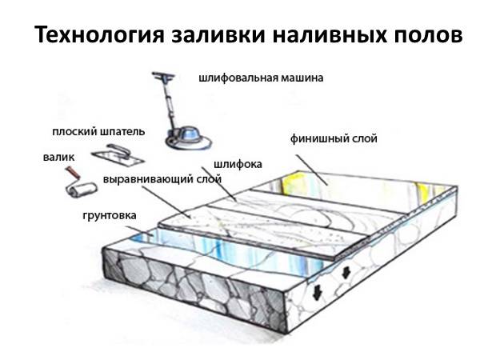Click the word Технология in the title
coord(100,35)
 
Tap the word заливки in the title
coord(218,34)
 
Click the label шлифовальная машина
coord(261,78)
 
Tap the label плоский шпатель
coord(98,132)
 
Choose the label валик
coord(58,157)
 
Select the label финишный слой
coord(334,138)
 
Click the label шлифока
coord(238,164)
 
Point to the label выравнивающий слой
coord(162,179)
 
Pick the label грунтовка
coord(110,215)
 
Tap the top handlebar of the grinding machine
coord(163,76)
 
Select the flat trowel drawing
coord(118,154)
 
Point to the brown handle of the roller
coord(73,173)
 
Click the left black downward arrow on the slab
coord(317,293)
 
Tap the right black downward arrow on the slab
coord(346,272)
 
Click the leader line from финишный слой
coord(312,170)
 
